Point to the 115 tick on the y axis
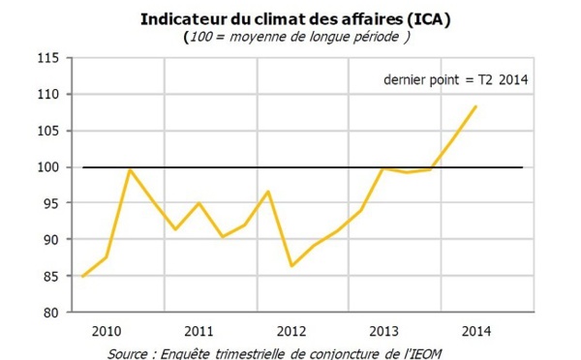point(48,58)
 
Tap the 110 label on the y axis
point(48,95)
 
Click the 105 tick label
point(48,131)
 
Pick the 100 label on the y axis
point(48,167)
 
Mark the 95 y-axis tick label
point(51,203)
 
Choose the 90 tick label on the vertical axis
point(51,240)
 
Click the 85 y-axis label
point(51,276)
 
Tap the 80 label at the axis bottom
point(51,313)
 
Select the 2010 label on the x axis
point(106,330)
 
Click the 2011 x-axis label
point(199,330)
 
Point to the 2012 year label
point(291,330)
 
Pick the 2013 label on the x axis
point(384,330)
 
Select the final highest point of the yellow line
point(475,106)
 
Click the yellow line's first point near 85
point(83,276)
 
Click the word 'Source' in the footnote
point(129,351)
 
